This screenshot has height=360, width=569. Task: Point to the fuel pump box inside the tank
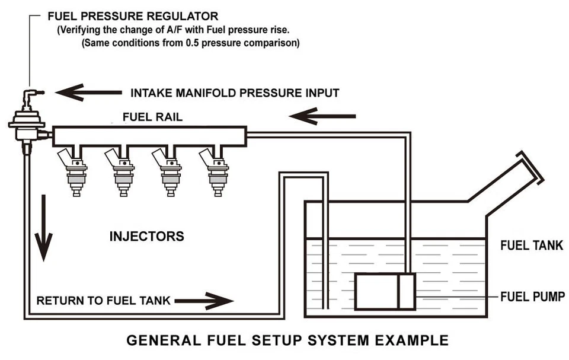click(x=385, y=291)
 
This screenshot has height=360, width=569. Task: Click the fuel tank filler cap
click(x=529, y=167)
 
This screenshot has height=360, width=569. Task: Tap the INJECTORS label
click(x=146, y=236)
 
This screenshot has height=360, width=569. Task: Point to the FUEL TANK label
click(x=532, y=246)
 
